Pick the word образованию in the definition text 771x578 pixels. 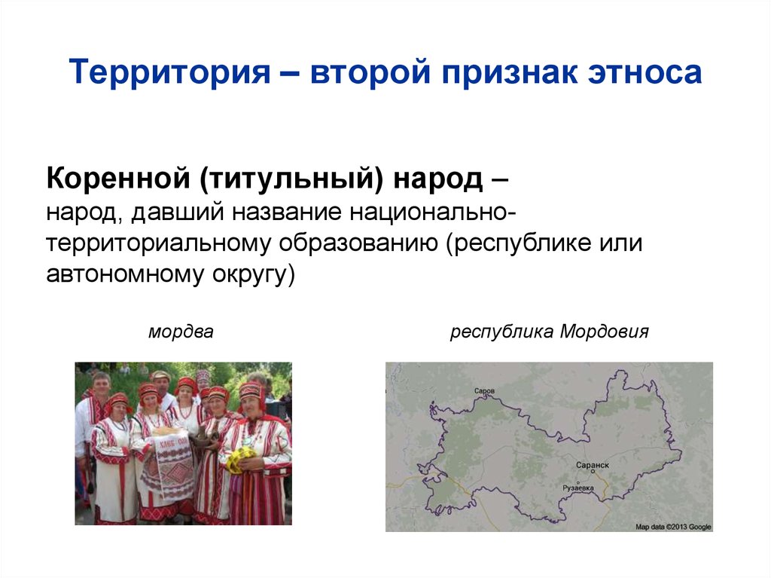pos(359,244)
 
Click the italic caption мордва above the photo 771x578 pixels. pos(181,332)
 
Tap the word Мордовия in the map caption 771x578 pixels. pos(604,332)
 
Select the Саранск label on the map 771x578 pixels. pos(592,466)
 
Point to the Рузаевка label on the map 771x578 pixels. pos(578,488)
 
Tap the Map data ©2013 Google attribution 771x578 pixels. pos(673,527)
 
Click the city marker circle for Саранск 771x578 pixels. pos(593,472)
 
